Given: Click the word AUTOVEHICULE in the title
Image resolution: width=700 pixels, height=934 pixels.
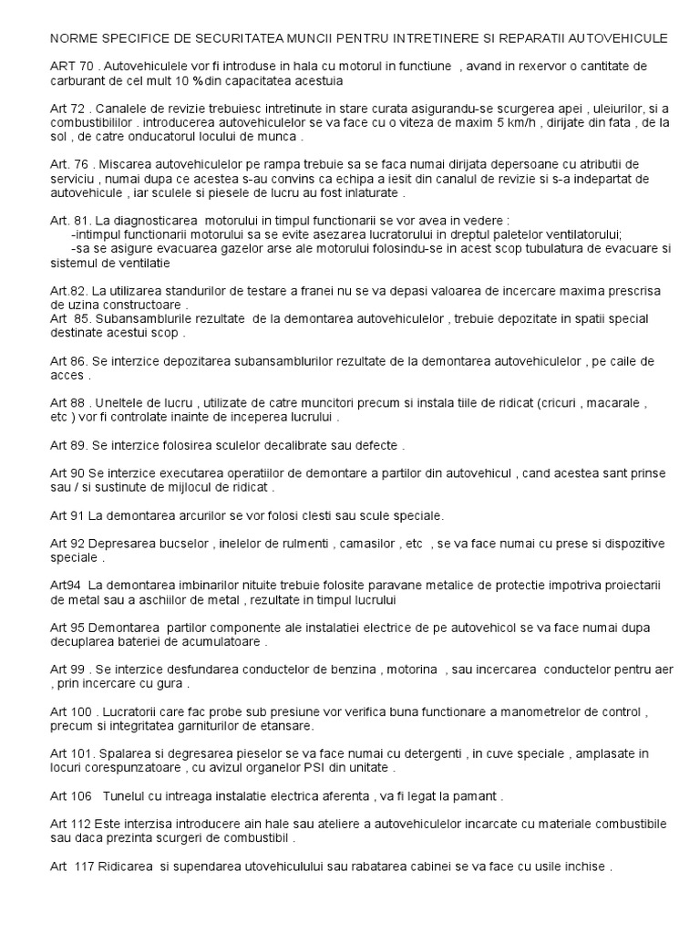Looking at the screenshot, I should [613, 38].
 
